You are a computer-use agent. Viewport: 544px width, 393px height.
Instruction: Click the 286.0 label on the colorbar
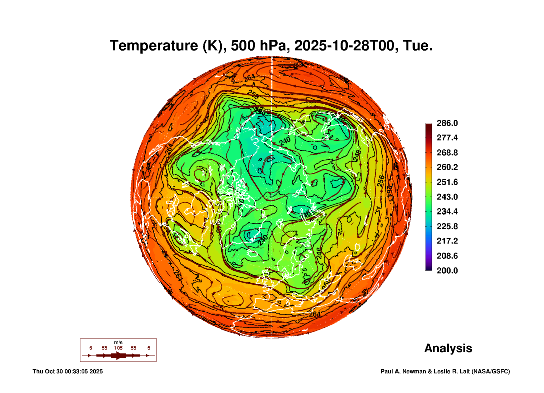coord(447,123)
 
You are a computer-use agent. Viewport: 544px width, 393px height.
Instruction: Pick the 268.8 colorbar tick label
coord(447,153)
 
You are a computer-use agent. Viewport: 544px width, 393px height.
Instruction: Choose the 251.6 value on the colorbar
coord(447,182)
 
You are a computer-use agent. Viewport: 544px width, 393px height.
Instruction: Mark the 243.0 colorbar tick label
coord(447,197)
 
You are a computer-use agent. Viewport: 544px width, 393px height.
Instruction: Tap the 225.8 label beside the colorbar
coord(447,226)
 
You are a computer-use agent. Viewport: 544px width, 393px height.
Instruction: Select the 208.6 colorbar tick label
coord(447,256)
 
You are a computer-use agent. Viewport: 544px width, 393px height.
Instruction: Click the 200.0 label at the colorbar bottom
coord(447,271)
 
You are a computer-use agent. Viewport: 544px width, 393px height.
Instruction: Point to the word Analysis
coord(448,348)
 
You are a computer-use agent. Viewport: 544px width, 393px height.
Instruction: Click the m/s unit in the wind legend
coord(118,342)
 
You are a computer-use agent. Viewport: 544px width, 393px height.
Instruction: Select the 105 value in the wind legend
coord(118,348)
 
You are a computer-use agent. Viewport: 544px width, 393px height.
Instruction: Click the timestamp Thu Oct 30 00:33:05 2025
coord(68,371)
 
